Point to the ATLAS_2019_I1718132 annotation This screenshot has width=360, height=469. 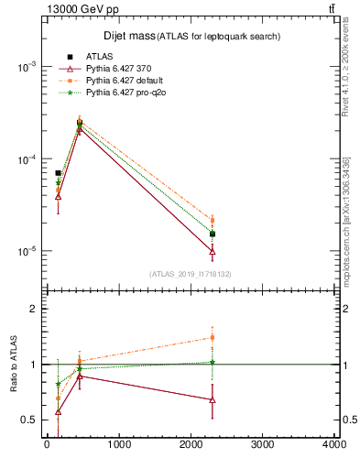pos(190,273)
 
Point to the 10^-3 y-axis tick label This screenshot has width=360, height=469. pos(27,68)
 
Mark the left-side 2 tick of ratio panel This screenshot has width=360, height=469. pos(32,309)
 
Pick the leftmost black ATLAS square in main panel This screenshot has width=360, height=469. pos(58,172)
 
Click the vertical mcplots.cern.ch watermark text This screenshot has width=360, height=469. pos(346,220)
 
